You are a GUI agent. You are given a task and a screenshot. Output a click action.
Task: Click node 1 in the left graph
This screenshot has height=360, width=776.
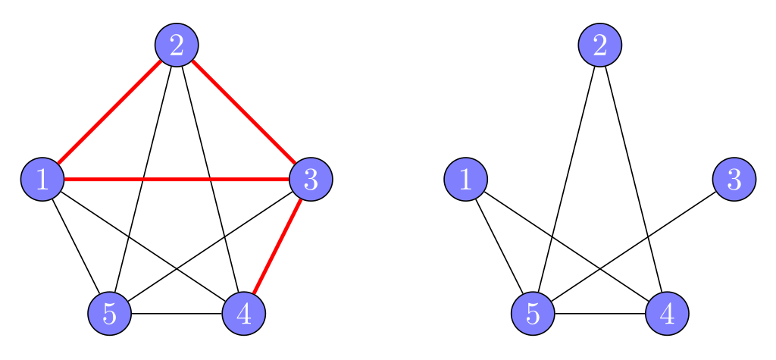pos(42,180)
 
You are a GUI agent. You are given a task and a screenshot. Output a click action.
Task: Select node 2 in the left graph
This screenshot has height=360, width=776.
pos(177,45)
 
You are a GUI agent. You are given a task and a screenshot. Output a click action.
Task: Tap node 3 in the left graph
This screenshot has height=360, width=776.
pos(311,180)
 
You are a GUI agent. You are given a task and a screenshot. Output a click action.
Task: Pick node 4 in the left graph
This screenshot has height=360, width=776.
pos(244,313)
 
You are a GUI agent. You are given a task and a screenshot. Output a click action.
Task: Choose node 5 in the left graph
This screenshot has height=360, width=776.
pos(109,313)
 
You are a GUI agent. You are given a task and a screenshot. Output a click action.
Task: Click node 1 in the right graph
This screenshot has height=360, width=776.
pos(465,180)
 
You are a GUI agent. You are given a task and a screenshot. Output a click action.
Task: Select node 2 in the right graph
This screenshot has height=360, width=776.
pos(600,45)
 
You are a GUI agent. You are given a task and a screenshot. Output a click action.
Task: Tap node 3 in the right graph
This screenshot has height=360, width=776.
pos(734,180)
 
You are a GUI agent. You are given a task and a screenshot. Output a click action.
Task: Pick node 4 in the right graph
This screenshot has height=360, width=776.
pos(667,313)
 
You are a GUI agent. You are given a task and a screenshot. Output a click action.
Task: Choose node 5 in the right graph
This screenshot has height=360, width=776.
pos(533,313)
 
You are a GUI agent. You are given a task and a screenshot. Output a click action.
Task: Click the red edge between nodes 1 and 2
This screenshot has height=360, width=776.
pos(109,112)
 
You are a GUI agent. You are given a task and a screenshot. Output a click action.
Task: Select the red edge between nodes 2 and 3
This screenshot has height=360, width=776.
pos(244,112)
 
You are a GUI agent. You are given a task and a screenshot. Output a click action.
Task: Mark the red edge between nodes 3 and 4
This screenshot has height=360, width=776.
pos(277,246)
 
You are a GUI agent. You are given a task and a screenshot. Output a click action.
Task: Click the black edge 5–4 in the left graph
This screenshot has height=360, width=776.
pos(177,313)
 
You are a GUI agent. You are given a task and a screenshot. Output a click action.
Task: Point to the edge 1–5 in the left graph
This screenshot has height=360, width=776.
pos(76,246)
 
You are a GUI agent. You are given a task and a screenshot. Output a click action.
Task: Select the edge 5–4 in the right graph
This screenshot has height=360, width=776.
pos(600,313)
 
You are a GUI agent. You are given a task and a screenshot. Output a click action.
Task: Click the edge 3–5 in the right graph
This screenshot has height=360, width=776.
pos(682,214)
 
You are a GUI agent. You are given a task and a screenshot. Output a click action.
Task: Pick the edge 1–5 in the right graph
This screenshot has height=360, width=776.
pos(499,246)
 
